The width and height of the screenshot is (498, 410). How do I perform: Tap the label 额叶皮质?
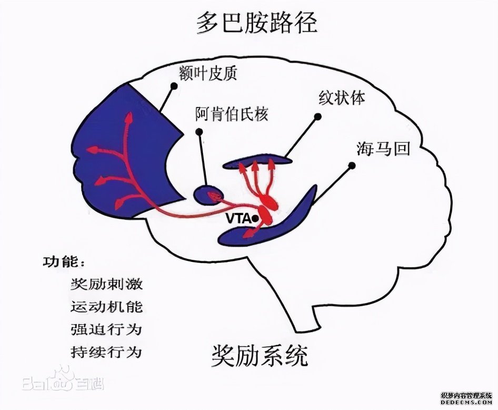[x=208, y=73]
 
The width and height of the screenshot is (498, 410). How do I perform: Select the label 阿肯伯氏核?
[x=232, y=114]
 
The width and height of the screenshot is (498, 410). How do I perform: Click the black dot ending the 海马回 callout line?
[x=352, y=166]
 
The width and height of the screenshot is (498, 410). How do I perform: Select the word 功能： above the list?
[x=63, y=262]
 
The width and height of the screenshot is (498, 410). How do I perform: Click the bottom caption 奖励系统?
[x=260, y=356]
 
